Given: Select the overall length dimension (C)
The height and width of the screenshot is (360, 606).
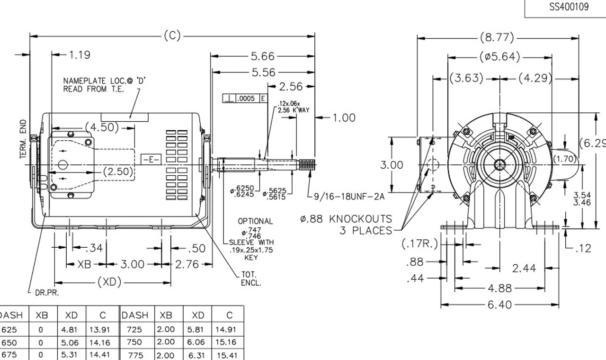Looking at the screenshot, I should (172, 36).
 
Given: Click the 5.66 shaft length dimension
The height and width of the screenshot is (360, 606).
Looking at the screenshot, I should (262, 56).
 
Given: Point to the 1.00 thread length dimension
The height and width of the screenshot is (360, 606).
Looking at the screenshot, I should (344, 117).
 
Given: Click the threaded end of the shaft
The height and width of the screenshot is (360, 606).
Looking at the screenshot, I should (308, 164).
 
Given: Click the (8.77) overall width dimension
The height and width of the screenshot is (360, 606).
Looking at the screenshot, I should (497, 37).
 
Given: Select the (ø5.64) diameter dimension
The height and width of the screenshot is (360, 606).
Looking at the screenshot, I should (499, 57).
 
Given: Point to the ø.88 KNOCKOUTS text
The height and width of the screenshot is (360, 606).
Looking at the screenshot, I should (346, 219).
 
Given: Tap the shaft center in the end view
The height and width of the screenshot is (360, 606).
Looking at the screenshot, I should (499, 164).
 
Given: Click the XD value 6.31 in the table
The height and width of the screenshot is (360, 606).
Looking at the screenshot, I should (197, 355).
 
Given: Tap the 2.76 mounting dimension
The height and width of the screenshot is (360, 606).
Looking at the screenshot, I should (187, 264).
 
